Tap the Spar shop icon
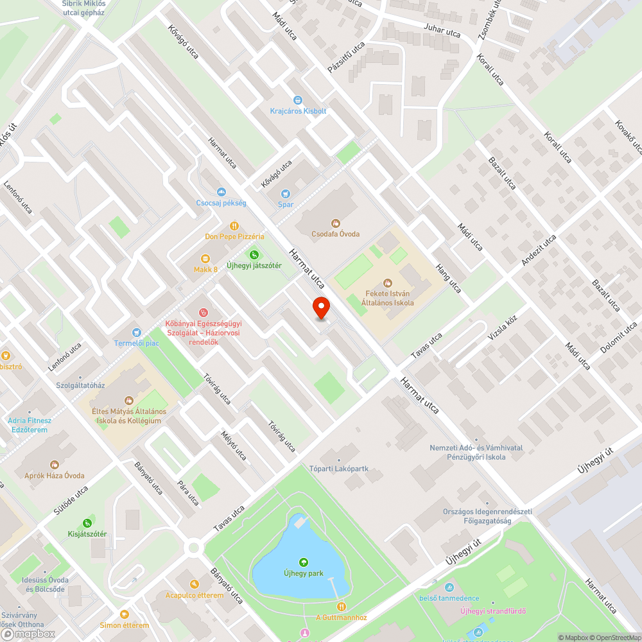(x=286, y=193)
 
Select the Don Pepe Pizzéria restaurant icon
(x=235, y=225)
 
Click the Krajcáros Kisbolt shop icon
(x=298, y=100)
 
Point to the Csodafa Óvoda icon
(x=335, y=223)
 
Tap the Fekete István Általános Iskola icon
(x=387, y=282)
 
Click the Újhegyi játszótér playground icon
(x=254, y=255)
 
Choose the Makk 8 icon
(x=206, y=259)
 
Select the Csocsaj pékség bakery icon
(x=221, y=191)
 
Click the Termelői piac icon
(x=136, y=332)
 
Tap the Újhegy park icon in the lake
(x=303, y=562)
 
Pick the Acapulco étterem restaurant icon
(x=195, y=584)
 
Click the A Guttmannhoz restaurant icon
(x=342, y=606)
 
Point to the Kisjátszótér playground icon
(x=87, y=523)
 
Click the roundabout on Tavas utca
(x=193, y=547)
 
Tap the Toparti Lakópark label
(x=339, y=469)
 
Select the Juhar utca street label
(x=442, y=30)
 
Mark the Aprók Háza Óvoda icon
(x=55, y=464)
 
